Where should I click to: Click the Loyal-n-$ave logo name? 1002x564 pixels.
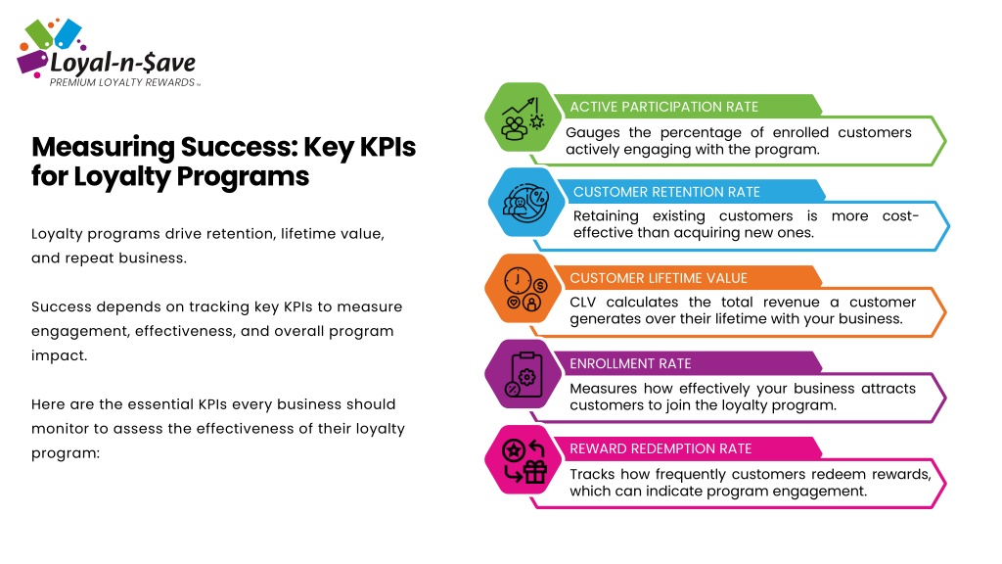[122, 64]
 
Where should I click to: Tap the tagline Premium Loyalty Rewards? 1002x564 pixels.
[122, 82]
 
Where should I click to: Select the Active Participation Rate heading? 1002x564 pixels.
[664, 107]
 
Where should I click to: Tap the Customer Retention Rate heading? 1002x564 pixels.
[666, 192]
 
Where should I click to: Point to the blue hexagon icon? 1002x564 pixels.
[526, 203]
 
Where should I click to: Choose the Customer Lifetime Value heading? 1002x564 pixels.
[659, 278]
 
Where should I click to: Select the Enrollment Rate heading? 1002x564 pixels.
[630, 364]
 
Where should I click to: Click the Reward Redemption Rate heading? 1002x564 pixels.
[660, 448]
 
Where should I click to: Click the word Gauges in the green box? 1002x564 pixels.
[592, 133]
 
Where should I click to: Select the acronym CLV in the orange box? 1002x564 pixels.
[583, 302]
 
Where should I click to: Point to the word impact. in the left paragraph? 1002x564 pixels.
[59, 356]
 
